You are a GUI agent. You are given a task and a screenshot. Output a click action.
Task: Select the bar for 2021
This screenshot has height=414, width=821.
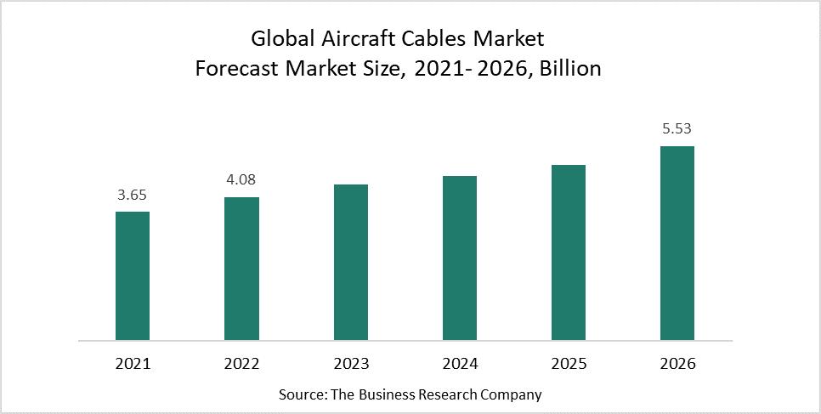point(133,276)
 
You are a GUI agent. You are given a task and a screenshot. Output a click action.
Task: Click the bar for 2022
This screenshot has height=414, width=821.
point(241,269)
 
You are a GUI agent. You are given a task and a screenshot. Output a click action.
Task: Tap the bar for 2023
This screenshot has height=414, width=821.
point(351,263)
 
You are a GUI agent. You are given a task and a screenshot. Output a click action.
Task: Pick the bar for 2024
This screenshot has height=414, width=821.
point(460,258)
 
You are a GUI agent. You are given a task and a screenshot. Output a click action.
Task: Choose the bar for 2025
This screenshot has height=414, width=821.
point(569,252)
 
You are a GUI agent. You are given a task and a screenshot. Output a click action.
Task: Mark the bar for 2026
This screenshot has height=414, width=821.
point(677,243)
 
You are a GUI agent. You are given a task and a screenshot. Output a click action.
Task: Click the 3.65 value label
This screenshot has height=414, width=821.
point(133,196)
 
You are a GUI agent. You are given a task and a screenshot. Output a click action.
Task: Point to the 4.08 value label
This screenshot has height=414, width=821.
point(241,180)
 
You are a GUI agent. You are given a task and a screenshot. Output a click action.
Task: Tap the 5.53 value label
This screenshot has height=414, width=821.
point(677,129)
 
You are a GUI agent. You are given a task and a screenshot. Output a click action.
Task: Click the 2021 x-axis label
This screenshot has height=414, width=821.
point(133,365)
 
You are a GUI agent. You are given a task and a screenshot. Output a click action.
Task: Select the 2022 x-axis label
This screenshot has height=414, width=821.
point(241,365)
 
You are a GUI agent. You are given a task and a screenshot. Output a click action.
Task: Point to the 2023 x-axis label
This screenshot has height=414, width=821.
point(351,365)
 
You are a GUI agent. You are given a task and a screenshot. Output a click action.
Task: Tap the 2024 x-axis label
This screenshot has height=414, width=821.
point(460,365)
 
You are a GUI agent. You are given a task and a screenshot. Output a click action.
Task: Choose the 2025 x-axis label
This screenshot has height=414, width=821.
point(569,365)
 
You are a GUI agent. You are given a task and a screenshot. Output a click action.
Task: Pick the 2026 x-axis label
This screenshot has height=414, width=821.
point(677,365)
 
